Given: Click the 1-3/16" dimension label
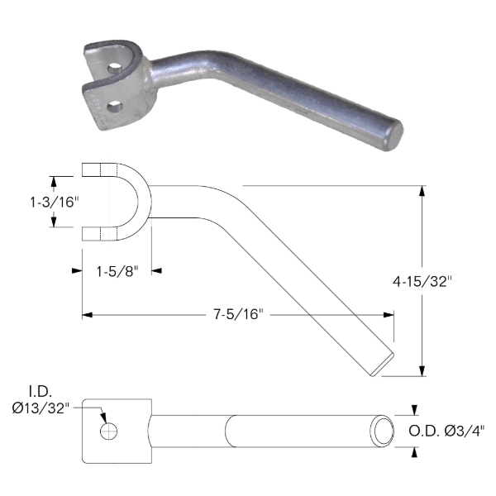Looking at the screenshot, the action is click(x=54, y=203).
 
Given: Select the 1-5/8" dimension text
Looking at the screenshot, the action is click(x=117, y=271).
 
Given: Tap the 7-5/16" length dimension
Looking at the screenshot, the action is click(x=238, y=314).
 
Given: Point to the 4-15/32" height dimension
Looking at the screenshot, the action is click(x=422, y=281).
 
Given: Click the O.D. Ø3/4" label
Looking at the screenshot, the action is click(x=446, y=431).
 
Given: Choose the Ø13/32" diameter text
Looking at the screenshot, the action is click(x=41, y=408).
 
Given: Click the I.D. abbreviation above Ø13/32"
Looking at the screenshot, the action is click(x=41, y=392).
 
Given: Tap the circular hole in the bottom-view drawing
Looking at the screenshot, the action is click(x=108, y=432).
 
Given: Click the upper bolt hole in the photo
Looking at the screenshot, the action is click(x=114, y=69).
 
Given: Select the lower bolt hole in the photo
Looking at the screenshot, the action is click(x=115, y=107).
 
